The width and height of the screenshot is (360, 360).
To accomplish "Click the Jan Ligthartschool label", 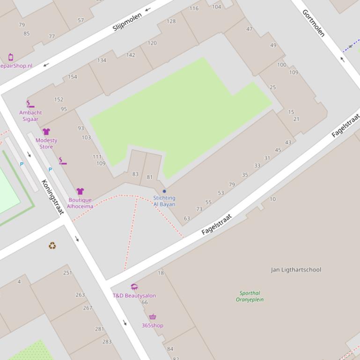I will pos(296,270).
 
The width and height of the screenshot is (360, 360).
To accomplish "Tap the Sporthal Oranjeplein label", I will pos(249,296).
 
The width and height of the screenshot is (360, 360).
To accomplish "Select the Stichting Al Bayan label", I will pos(164,201).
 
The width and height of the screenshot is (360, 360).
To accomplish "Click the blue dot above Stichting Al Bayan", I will pos(164,191).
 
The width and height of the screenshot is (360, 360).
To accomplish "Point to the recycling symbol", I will pos(52,245).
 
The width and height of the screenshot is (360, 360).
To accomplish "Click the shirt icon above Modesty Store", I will pos(46,132).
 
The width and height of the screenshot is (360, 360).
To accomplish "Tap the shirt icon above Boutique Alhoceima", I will pos(80,191).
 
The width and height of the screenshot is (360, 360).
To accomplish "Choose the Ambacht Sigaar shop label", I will pos(30,115).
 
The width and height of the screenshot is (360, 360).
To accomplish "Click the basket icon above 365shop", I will pos(152,317).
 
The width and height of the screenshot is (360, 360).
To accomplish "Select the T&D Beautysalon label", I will pos(134,295).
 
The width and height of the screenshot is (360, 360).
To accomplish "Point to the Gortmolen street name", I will pos(313,23).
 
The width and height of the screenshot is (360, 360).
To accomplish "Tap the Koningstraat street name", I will pos(52,197).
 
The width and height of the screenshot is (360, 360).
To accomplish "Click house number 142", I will pos(131,55).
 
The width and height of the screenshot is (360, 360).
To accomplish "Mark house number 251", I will pos(67,273).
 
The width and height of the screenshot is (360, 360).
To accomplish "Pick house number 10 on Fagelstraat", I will pos(272,199).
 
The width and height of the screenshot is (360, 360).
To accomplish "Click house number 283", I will pos(107,342).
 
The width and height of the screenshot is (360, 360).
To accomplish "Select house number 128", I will pos(171,21).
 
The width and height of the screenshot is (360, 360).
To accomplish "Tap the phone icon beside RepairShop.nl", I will pos(11,58).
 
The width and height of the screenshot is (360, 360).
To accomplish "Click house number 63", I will pos(187,218).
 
